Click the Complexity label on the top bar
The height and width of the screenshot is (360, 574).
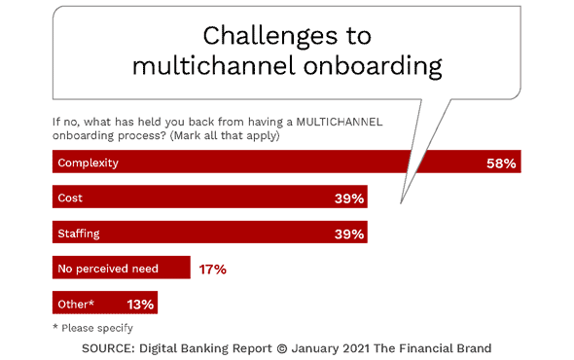tap(88, 162)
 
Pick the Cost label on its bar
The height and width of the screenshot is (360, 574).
tap(70, 198)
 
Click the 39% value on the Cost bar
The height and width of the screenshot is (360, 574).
tap(348, 198)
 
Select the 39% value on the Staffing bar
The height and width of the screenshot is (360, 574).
tap(348, 234)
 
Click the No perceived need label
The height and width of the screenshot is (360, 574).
tap(109, 269)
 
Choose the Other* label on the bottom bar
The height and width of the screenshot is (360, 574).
tap(76, 304)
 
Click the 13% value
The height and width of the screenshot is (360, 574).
tap(140, 305)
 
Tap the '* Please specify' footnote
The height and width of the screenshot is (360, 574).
tap(93, 326)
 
